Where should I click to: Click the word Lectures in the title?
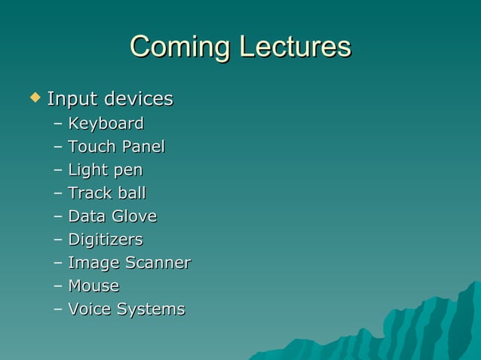pyautogui.click(x=295, y=47)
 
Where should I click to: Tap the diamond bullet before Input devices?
pyautogui.click(x=33, y=97)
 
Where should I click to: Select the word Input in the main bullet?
pyautogui.click(x=72, y=99)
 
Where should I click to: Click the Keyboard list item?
pyautogui.click(x=106, y=124)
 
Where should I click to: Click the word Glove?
pyautogui.click(x=133, y=217)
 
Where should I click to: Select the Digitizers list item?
pyautogui.click(x=106, y=240)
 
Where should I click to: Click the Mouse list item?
pyautogui.click(x=93, y=286)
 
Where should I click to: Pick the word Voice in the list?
pyautogui.click(x=89, y=310)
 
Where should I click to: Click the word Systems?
pyautogui.click(x=150, y=310)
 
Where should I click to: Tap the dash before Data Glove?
pyautogui.click(x=59, y=217)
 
